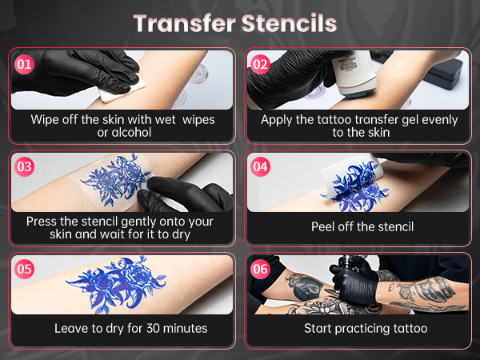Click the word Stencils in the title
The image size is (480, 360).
coord(289,22)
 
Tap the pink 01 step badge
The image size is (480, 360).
coord(25,64)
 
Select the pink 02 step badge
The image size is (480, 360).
coord(260,64)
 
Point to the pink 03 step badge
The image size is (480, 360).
coord(25,166)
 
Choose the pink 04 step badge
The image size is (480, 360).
coord(260,166)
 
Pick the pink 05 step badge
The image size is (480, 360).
coord(25,269)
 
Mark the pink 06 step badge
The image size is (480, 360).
coord(260,269)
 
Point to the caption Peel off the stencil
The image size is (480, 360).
coord(362,226)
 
